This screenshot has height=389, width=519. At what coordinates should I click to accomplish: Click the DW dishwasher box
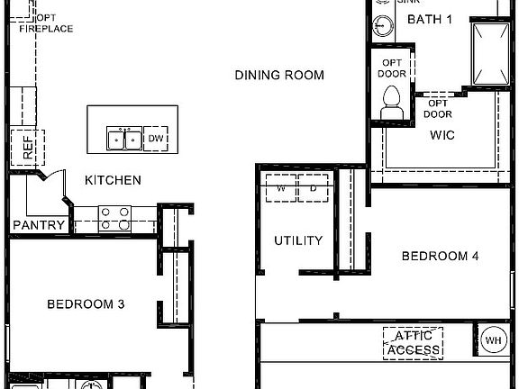156,138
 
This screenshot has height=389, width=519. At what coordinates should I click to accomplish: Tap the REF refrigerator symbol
27,147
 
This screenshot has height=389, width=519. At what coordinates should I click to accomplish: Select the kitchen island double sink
123,139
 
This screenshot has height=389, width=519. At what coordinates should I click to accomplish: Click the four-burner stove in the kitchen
114,218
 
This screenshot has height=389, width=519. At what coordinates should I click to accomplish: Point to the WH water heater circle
493,340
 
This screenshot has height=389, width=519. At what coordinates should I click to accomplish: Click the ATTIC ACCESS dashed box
414,343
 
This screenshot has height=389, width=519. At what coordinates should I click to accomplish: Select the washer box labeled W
280,189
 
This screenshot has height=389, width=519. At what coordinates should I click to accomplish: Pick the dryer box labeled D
312,189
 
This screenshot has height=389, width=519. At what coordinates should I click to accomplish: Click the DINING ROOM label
279,75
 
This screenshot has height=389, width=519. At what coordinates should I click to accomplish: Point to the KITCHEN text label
113,180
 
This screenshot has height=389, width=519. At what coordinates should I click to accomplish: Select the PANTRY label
39,225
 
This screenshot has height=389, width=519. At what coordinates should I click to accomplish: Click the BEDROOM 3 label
86,304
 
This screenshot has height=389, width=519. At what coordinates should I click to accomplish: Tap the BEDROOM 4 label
440,257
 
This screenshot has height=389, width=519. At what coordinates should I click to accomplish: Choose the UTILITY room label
298,240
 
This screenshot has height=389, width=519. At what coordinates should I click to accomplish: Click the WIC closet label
442,135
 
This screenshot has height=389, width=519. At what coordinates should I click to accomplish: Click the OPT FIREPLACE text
46,23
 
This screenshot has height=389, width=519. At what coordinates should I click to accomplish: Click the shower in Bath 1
492,51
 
